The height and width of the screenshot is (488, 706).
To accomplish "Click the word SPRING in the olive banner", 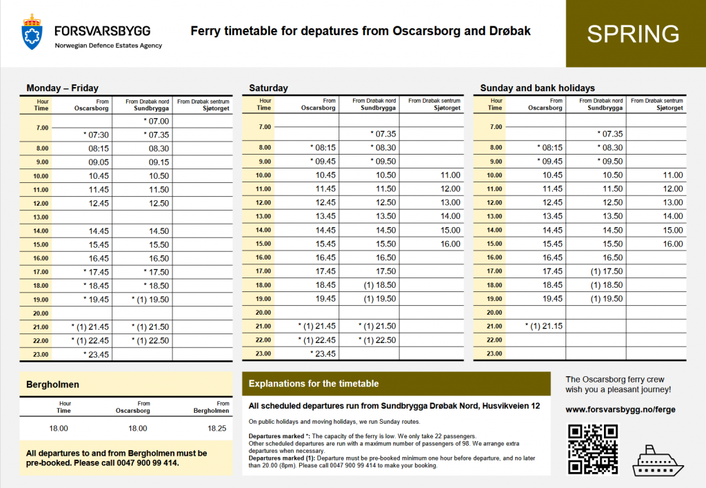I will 633,34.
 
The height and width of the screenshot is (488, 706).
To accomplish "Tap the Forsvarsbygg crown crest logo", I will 32,32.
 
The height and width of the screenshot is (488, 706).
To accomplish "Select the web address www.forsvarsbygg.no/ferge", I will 620,409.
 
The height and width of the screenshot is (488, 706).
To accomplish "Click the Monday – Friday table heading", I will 62,88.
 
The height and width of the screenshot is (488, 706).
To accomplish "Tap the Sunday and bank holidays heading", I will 537,88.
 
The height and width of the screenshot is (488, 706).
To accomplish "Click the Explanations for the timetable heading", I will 314,384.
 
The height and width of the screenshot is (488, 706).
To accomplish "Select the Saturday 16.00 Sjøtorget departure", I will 450,244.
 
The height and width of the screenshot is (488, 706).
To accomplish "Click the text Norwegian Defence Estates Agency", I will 108,46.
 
